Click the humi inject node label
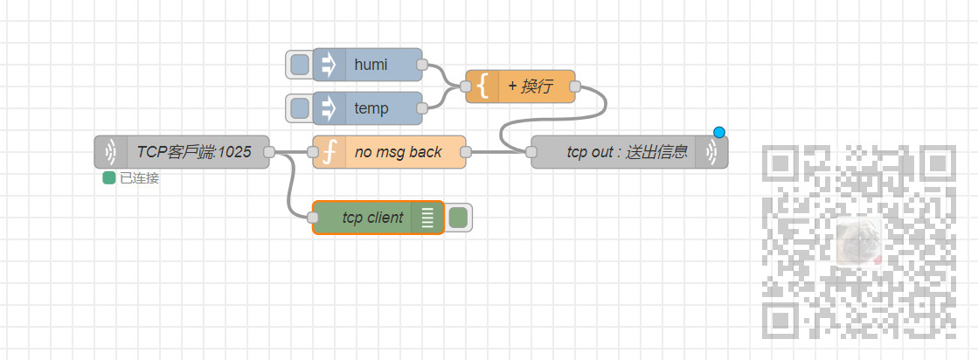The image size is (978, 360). coord(371,65)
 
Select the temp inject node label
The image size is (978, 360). coord(371,108)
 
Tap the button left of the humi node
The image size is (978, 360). coord(299,65)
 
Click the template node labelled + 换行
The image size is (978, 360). coord(530,87)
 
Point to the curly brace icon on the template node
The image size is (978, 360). coord(482,87)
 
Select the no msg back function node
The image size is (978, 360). coord(398,152)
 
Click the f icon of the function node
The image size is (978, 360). coord(329,152)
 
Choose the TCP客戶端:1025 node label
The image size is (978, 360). coord(193,152)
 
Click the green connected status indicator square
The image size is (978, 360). coord(109,178)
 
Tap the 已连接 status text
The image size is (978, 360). coord(139,178)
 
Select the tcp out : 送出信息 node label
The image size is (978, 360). coord(626,152)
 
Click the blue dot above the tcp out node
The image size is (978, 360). coord(719,133)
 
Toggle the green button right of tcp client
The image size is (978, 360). coord(459,218)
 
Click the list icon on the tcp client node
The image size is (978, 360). coord(427,218)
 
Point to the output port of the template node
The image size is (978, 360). coord(575,87)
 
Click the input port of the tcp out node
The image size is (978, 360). coord(531,152)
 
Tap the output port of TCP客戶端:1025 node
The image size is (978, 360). coord(269,152)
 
